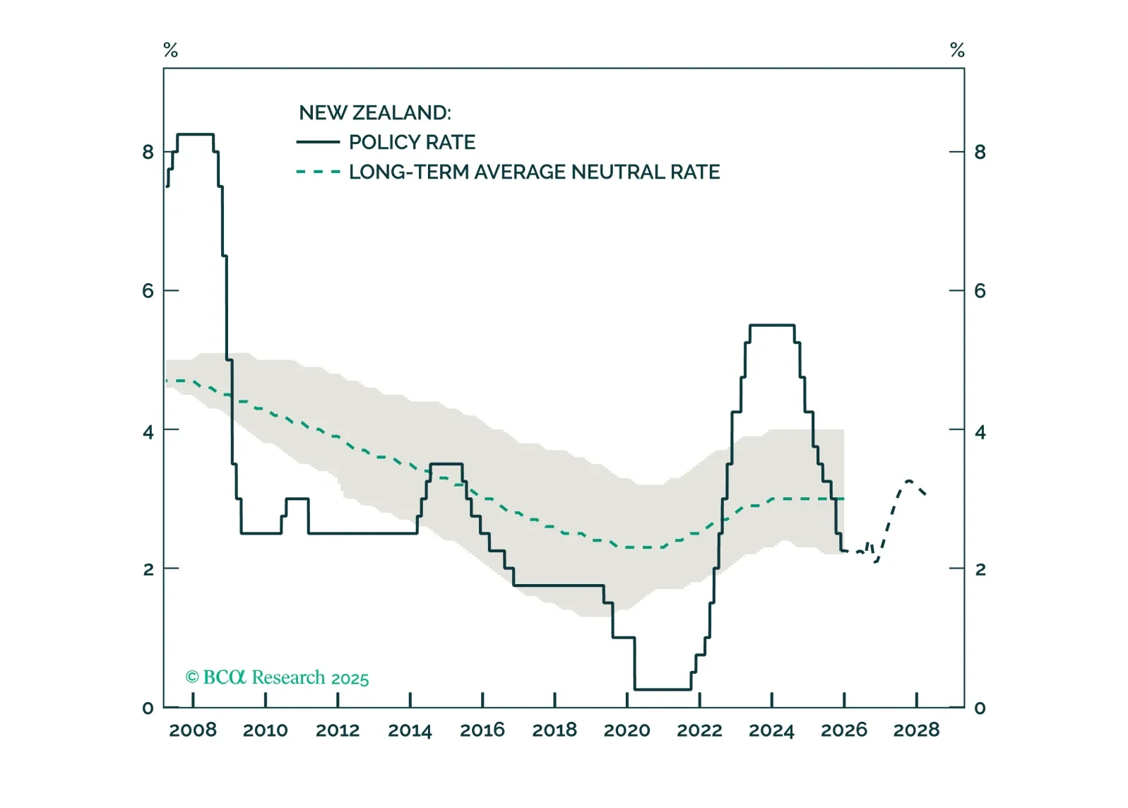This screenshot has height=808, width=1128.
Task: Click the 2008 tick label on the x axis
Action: [x=193, y=730]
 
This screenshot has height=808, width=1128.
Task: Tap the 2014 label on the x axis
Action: [x=410, y=730]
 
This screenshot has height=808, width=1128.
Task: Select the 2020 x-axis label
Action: [x=627, y=730]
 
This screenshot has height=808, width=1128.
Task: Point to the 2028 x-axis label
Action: [x=916, y=730]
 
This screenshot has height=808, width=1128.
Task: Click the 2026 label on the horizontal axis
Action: [x=844, y=730]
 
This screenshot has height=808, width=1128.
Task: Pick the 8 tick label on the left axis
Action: [x=148, y=152]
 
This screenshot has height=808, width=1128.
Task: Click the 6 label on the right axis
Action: [x=980, y=291]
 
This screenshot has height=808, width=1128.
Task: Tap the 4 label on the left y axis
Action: [x=148, y=431]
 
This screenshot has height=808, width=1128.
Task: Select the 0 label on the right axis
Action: [x=980, y=708]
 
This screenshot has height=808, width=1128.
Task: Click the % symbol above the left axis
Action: [x=170, y=50]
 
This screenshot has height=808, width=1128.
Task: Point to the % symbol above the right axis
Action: [x=957, y=50]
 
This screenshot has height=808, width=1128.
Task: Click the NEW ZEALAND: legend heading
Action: [x=374, y=113]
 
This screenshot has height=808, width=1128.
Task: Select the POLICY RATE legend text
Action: [x=412, y=143]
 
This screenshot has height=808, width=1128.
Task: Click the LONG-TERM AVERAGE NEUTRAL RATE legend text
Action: [x=534, y=172]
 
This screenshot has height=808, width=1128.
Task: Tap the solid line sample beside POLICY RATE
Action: [x=318, y=143]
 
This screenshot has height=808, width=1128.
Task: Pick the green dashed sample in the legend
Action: [x=318, y=172]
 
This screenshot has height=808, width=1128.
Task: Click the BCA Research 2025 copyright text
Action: [x=277, y=678]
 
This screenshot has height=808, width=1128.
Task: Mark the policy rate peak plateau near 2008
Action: [x=195, y=134]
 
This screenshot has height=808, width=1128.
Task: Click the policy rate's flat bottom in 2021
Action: [x=663, y=689]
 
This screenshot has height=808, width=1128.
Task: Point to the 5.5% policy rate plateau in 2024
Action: [x=772, y=325]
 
